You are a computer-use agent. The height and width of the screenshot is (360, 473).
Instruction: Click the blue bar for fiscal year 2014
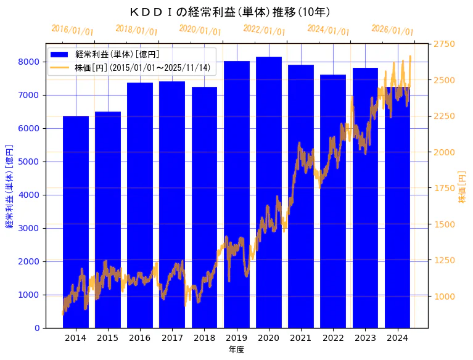(x=76, y=222)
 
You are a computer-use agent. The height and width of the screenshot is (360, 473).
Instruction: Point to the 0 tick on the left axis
(x=38, y=328)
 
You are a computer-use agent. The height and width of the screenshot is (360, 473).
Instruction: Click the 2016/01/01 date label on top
(x=72, y=30)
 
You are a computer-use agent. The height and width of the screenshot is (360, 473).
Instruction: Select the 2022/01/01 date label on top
(x=264, y=30)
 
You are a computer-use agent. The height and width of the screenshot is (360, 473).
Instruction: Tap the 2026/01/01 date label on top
(x=392, y=30)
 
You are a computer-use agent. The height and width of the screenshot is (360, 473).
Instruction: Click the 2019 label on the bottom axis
(x=237, y=338)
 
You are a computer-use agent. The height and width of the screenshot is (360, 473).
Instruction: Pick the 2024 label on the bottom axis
(x=398, y=338)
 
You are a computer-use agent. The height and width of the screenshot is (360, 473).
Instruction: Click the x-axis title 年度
(x=236, y=350)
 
